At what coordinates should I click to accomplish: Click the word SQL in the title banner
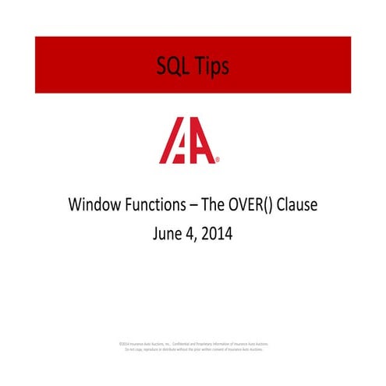coord(173,66)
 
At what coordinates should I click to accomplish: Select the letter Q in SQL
coord(174,66)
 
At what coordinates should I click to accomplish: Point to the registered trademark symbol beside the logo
coord(218,160)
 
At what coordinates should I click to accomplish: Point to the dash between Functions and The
coord(189,207)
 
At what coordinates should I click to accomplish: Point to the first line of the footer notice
coord(193,343)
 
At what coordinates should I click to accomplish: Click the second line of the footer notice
coord(193,349)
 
